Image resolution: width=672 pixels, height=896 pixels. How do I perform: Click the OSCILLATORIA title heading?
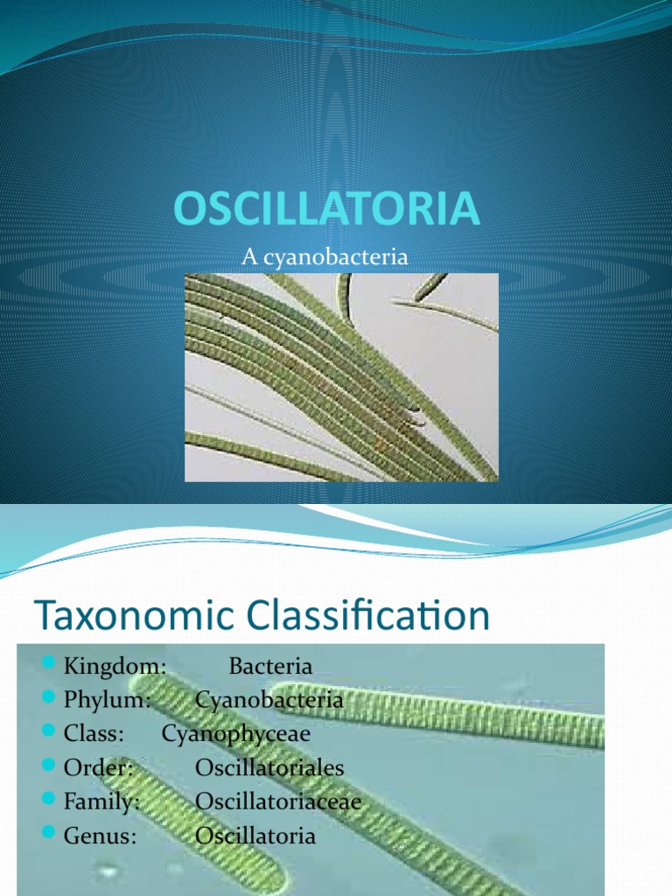coord(326,208)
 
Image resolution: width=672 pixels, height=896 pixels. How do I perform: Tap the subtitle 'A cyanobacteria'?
coord(325,256)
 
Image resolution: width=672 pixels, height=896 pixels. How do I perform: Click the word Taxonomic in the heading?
coord(135,615)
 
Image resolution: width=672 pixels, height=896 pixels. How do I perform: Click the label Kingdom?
coord(115,666)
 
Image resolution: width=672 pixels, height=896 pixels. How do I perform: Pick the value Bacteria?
coord(270,666)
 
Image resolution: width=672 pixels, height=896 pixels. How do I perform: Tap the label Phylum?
coord(107,700)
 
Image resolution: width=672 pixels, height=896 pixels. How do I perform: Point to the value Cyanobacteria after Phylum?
coord(269,700)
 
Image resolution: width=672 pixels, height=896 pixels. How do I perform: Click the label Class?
coord(94,733)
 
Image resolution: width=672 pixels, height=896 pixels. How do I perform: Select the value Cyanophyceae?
coord(236,734)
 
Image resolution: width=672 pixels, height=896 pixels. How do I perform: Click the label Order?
coord(98,767)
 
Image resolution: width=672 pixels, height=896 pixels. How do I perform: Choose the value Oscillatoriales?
coord(269,767)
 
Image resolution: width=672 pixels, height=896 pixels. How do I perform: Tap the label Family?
coord(101,801)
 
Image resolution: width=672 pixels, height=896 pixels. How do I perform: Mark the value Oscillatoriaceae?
coord(278,801)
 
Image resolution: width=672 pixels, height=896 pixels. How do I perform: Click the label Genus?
coord(100,836)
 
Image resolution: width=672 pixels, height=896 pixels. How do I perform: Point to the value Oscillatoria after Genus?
coord(255,836)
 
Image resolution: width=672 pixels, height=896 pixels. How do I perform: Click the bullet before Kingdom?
coord(49,662)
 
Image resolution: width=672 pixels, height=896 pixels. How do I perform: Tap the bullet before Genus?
coord(49,832)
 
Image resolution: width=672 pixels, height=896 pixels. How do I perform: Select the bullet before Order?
coord(49,764)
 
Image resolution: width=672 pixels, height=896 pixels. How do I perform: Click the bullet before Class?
coord(49,731)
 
